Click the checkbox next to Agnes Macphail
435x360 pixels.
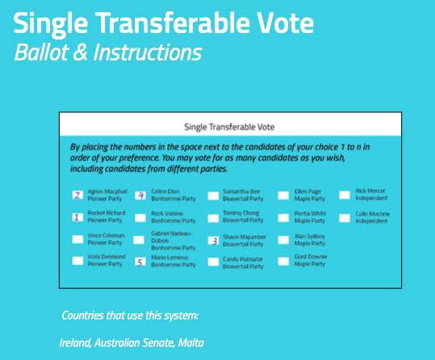pos(77,195)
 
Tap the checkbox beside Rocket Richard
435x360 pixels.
pos(77,216)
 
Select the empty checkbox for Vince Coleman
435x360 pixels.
pos(77,238)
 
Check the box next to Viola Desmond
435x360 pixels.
pos(77,260)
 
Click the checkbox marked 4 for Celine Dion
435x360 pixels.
pos(140,195)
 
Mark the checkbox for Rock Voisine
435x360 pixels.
pos(140,216)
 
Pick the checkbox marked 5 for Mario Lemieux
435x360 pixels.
pos(140,262)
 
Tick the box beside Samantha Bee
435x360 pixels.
pos(213,195)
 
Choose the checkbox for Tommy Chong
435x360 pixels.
pos(213,216)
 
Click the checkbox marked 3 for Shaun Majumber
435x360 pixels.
pos(213,240)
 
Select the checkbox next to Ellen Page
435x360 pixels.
pos(283,195)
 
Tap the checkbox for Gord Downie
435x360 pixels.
pos(283,261)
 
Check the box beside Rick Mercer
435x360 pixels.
pos(345,195)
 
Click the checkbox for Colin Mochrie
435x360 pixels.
pos(345,216)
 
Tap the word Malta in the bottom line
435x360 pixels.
pos(190,342)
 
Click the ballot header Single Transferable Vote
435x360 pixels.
pos(230,127)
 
